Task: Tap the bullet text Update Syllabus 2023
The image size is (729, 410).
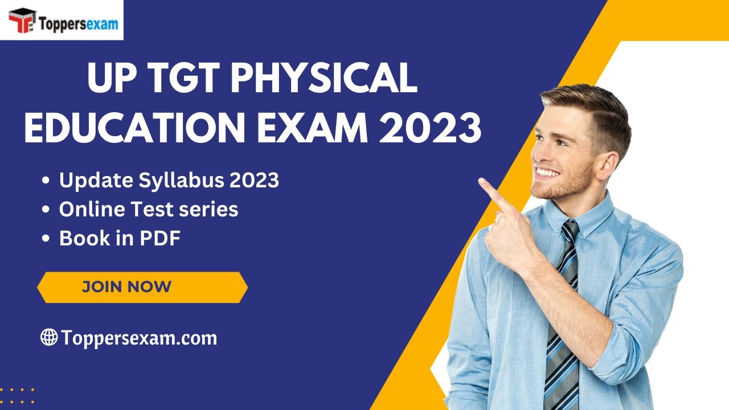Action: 169,181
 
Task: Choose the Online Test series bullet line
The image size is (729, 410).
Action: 149,210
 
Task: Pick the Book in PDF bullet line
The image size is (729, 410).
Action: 120,239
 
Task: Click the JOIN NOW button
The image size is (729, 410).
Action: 142,286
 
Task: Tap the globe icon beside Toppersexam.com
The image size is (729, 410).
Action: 49,337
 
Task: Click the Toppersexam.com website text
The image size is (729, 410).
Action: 139,338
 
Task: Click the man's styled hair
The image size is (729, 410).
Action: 592,108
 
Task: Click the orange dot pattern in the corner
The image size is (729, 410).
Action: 17,396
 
